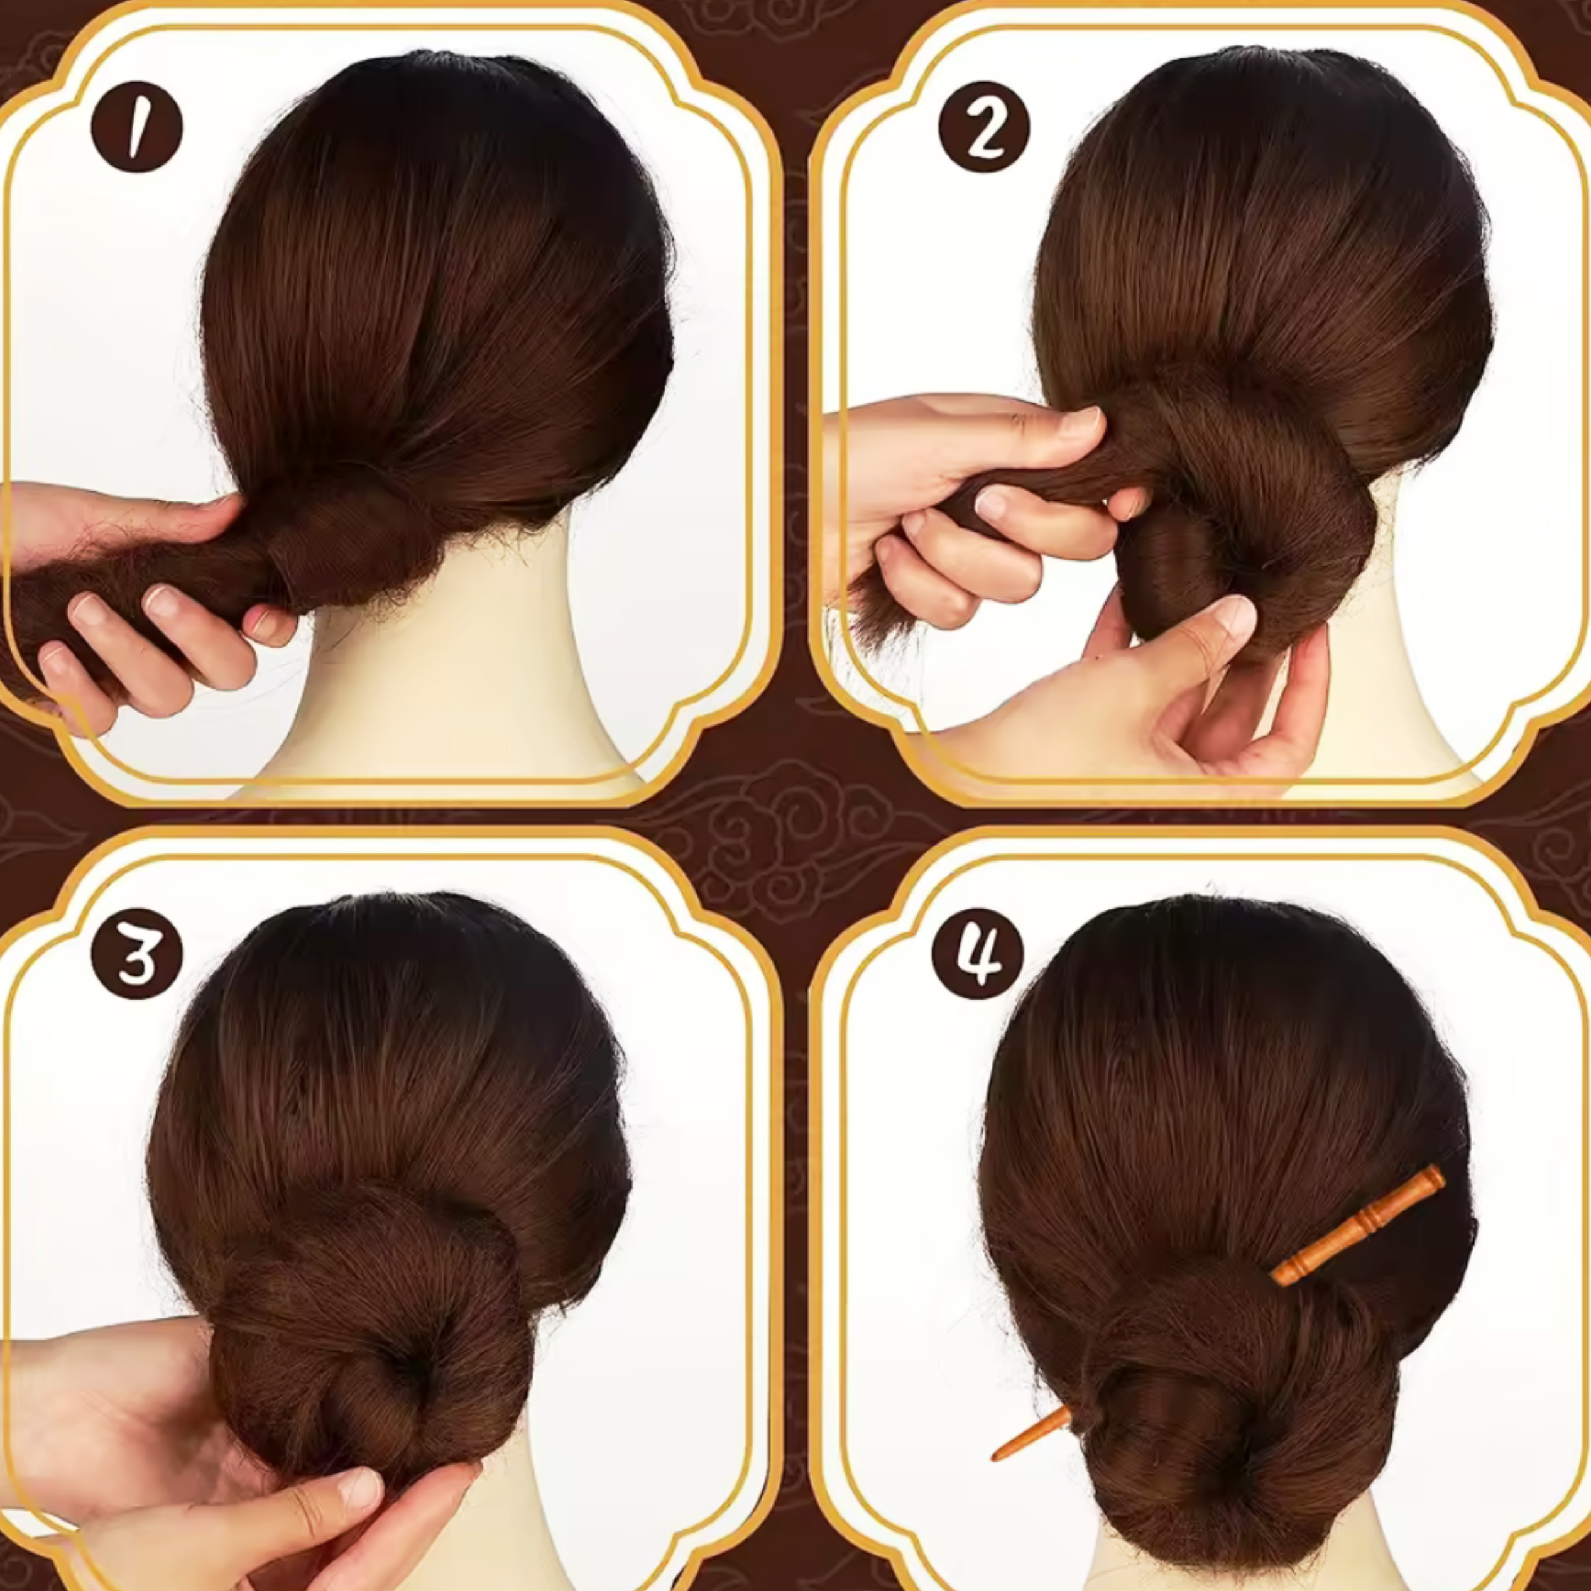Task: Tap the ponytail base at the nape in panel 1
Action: [x=346, y=535]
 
